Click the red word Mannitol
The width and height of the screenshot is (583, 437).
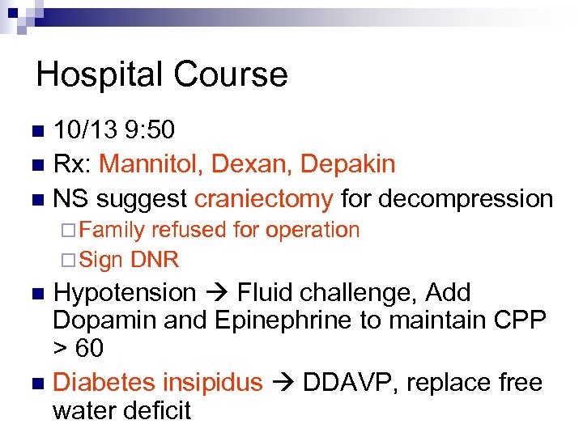151,164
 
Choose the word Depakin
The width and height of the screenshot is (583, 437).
348,164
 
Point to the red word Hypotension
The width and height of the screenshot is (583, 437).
124,293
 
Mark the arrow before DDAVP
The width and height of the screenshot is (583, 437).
283,382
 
